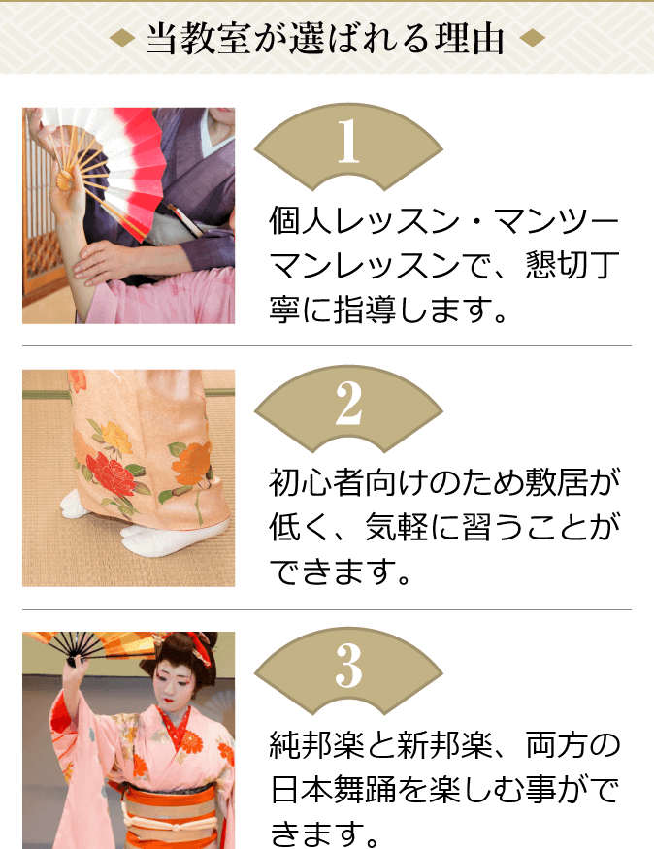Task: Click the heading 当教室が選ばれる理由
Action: coord(326,38)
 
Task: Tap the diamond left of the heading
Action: coord(122,39)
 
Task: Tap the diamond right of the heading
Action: coord(533,39)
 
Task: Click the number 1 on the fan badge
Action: coord(348,145)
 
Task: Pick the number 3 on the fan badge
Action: coord(348,669)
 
